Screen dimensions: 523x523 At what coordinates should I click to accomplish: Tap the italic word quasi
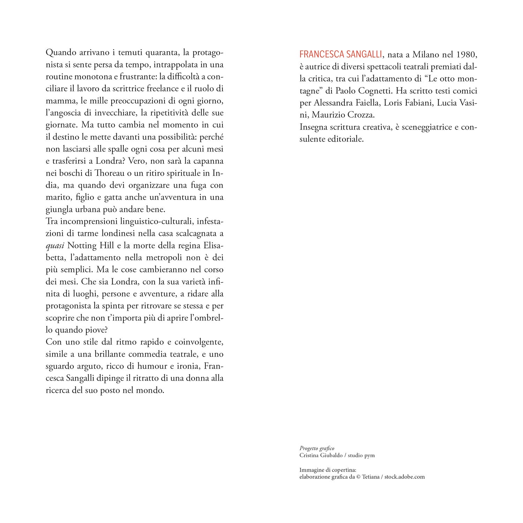(x=55, y=246)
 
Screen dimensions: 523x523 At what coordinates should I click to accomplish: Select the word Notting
(x=82, y=245)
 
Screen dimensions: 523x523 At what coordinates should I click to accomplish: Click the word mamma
(x=58, y=101)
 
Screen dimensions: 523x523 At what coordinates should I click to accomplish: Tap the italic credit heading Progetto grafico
(x=317, y=448)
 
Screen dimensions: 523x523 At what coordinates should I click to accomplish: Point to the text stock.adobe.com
(x=404, y=477)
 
